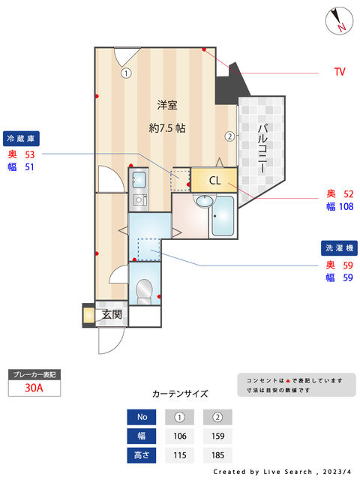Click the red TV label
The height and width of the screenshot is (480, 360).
click(340, 72)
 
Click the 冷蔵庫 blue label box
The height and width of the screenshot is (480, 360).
click(21, 139)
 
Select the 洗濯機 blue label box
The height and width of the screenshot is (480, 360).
click(339, 248)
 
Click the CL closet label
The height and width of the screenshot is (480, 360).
click(215, 180)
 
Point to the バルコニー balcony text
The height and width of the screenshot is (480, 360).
click(262, 148)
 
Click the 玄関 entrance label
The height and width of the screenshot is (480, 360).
click(112, 314)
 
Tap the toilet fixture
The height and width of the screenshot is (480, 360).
click(144, 292)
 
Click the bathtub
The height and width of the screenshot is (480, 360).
click(223, 216)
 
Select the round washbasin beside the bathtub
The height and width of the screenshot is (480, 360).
click(204, 202)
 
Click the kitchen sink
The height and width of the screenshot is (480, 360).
click(139, 180)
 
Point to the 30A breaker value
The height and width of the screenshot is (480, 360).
click(34, 388)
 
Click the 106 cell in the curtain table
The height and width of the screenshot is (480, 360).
click(180, 436)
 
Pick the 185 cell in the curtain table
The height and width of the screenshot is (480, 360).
click(217, 455)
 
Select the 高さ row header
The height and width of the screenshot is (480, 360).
click(142, 455)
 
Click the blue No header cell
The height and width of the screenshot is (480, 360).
click(142, 417)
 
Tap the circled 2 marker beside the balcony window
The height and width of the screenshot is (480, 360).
click(230, 136)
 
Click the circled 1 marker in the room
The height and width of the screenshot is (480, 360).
click(126, 73)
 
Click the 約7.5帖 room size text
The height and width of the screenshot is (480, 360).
click(167, 127)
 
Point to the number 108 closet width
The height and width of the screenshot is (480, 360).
click(346, 207)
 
